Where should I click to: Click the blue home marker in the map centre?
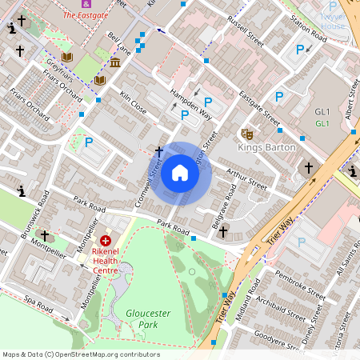(x=180, y=173)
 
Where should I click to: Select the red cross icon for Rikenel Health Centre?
(x=105, y=241)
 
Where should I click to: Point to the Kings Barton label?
(x=267, y=147)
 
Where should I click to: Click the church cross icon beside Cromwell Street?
(x=158, y=150)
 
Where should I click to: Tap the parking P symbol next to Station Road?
(x=300, y=50)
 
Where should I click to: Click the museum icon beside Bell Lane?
(x=115, y=62)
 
